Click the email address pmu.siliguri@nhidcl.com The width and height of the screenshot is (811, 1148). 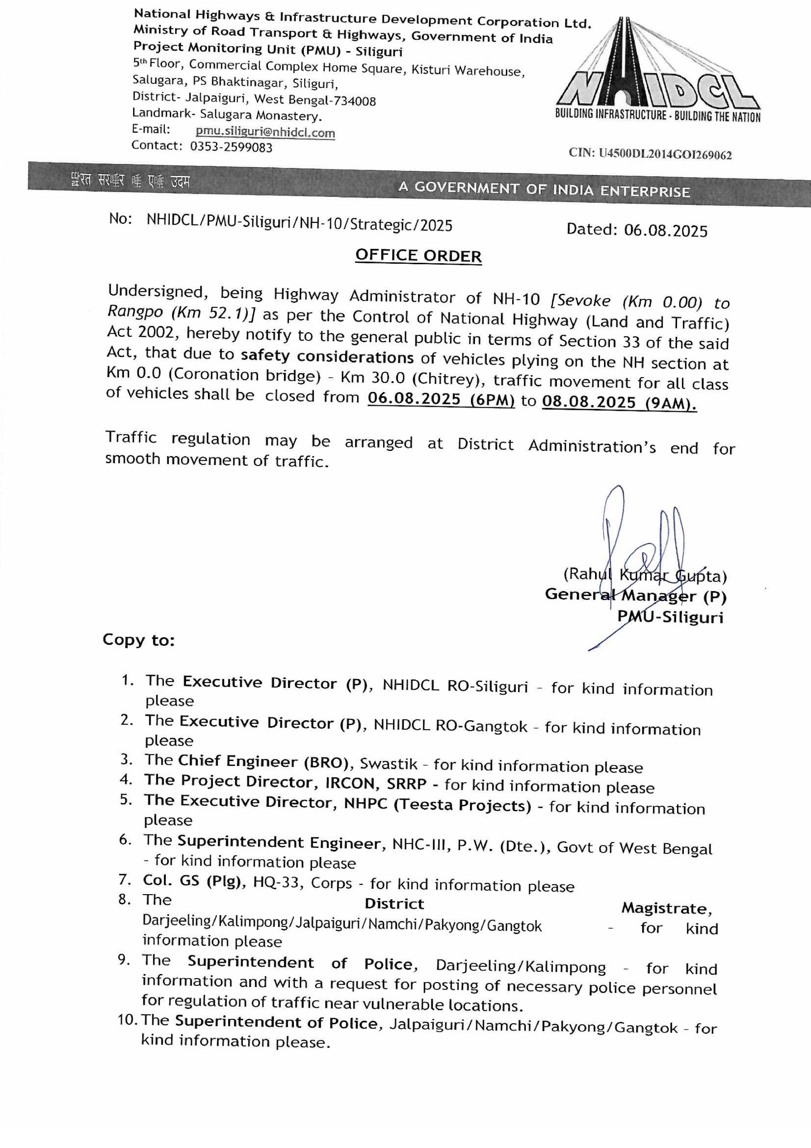coord(265,132)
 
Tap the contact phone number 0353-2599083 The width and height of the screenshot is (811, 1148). coord(231,147)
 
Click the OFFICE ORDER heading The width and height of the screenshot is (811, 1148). coord(418,256)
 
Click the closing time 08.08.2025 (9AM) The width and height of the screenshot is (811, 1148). coord(619,403)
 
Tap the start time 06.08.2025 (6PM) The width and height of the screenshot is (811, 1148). coord(441,400)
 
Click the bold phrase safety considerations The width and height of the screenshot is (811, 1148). coord(327,357)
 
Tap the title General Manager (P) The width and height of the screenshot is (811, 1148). coord(635,596)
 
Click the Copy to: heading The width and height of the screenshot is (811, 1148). coord(138,640)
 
